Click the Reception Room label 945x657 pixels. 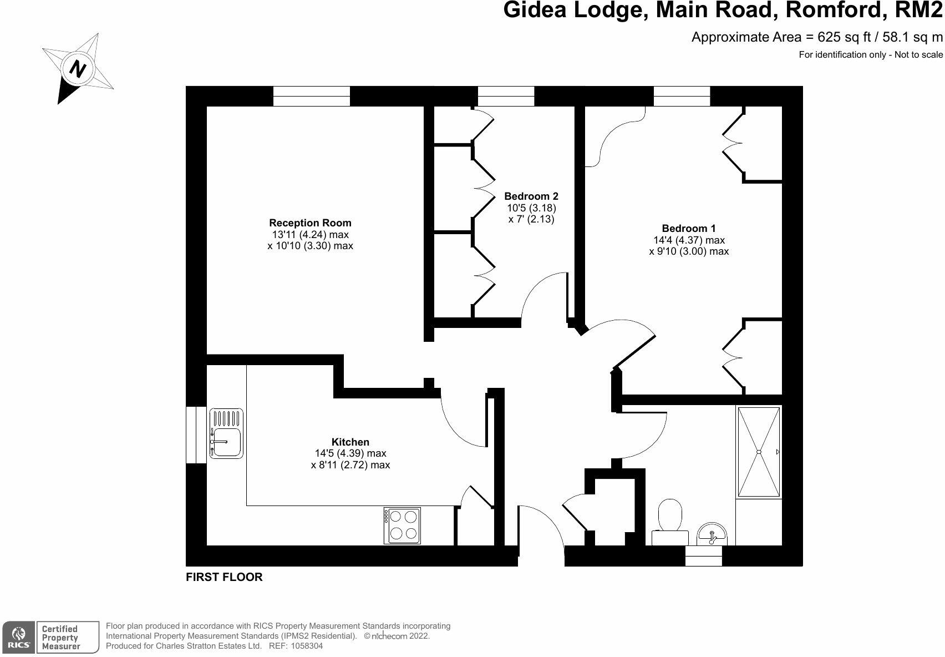(310, 223)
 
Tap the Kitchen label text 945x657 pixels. (350, 442)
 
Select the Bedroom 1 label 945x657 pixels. (689, 229)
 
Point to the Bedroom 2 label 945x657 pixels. (531, 196)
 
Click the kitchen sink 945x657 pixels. (226, 433)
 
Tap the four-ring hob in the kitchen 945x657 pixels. (402, 525)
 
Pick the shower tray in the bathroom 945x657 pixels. (759, 452)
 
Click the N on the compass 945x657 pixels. (78, 69)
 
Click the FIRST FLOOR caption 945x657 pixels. (224, 577)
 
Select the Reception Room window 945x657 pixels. (312, 96)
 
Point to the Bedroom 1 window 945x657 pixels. (682, 96)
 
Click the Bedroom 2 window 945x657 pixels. (506, 96)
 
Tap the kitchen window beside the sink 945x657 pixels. (196, 434)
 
